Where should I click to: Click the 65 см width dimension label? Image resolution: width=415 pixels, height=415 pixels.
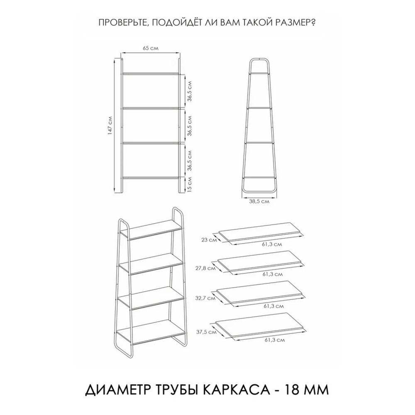150,48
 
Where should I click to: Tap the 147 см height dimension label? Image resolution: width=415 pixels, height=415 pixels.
110,126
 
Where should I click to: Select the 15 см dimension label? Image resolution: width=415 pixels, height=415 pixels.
190,184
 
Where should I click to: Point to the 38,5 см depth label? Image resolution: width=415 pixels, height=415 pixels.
259,201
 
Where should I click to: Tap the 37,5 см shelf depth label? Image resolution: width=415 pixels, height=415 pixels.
206,332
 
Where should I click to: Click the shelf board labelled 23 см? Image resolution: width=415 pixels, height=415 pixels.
260,232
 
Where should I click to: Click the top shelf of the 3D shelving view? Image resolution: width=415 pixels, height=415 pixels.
151,229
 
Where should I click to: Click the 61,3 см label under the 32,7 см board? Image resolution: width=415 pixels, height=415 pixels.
273,306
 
